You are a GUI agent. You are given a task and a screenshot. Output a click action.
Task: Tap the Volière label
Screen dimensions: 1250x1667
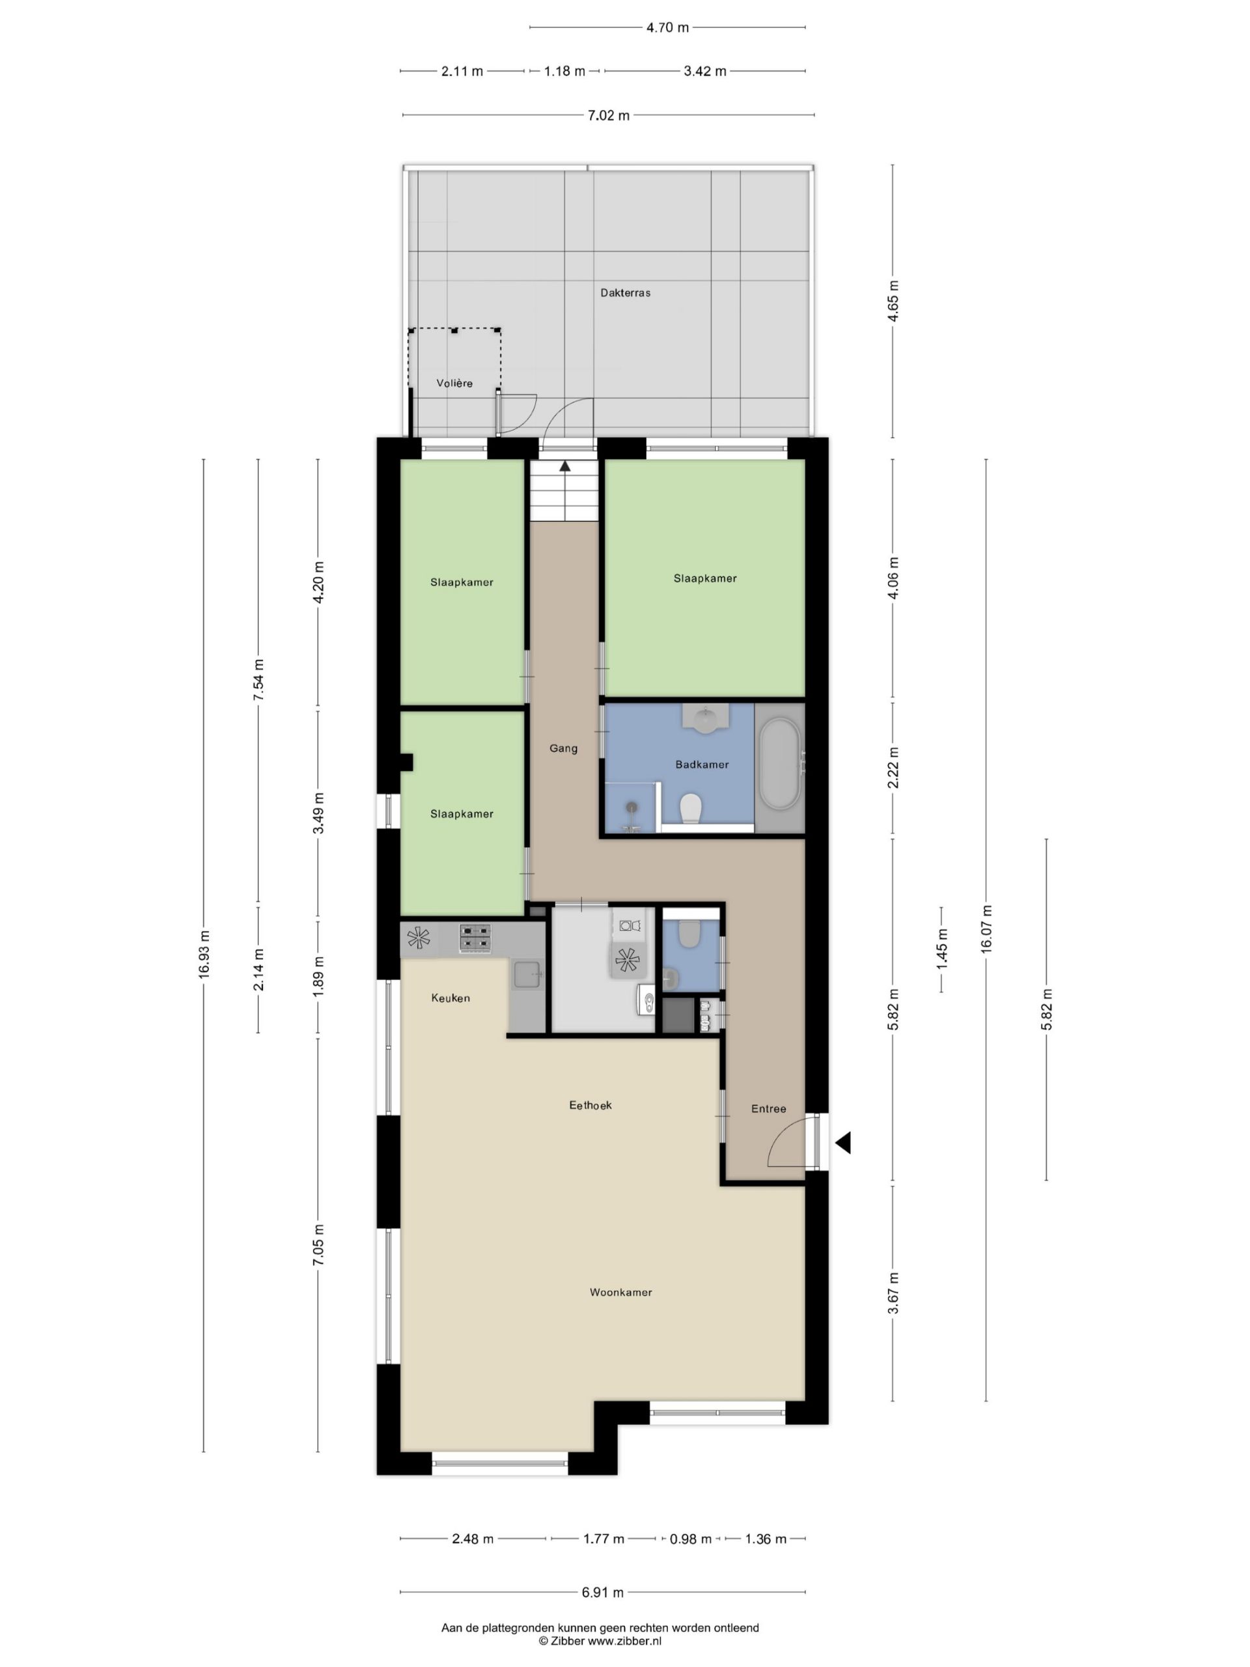[x=454, y=383]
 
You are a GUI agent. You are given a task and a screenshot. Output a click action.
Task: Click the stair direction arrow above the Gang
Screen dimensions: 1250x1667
[x=564, y=466]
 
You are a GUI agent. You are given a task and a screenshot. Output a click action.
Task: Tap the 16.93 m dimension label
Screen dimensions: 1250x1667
[x=203, y=955]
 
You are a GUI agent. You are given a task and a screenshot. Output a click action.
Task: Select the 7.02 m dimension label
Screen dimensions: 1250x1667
[x=608, y=115]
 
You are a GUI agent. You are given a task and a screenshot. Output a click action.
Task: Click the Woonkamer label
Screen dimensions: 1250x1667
[x=621, y=1292]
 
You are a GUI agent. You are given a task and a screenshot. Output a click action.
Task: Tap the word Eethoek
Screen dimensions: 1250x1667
[x=590, y=1105]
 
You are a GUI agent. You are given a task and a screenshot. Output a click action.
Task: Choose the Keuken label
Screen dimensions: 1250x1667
[x=451, y=998]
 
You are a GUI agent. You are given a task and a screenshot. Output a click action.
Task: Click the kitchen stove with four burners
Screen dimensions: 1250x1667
[x=475, y=938]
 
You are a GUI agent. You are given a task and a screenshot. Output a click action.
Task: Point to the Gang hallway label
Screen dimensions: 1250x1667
[x=563, y=748]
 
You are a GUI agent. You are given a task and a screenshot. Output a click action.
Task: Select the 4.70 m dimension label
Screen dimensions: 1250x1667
[x=667, y=28]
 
